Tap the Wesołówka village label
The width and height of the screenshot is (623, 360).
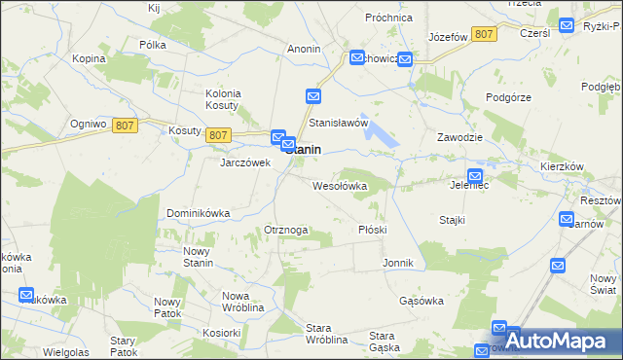click(339, 185)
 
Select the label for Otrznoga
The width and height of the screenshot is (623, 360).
click(286, 230)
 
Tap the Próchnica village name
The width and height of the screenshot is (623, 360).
click(389, 18)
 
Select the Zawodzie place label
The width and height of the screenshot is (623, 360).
click(460, 137)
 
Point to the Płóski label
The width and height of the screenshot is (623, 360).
click(373, 230)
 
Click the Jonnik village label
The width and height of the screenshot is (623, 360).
click(399, 263)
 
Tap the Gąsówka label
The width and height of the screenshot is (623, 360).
click(421, 301)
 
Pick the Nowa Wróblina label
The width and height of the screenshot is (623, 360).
click(243, 301)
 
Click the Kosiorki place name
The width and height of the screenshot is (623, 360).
click(222, 332)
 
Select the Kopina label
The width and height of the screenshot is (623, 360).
click(89, 58)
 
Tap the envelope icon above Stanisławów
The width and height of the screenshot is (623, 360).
click(313, 96)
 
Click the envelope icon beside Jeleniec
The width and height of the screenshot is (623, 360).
click(474, 173)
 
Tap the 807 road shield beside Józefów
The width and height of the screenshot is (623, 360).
click(484, 34)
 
